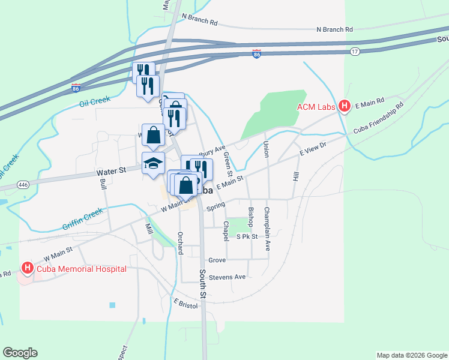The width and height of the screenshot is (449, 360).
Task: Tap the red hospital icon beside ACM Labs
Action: click(x=345, y=107)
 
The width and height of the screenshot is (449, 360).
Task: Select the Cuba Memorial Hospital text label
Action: click(x=82, y=269)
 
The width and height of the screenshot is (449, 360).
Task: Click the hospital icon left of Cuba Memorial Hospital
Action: click(x=27, y=268)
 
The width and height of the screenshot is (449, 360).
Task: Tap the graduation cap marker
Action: click(x=153, y=163)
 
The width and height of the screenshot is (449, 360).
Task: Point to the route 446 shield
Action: click(x=23, y=184)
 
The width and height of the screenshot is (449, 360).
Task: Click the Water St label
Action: click(x=110, y=171)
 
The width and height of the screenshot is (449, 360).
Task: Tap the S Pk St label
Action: click(x=247, y=237)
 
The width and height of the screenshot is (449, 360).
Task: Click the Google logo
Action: click(x=20, y=353)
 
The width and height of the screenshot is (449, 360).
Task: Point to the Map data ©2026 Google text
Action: click(x=411, y=355)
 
